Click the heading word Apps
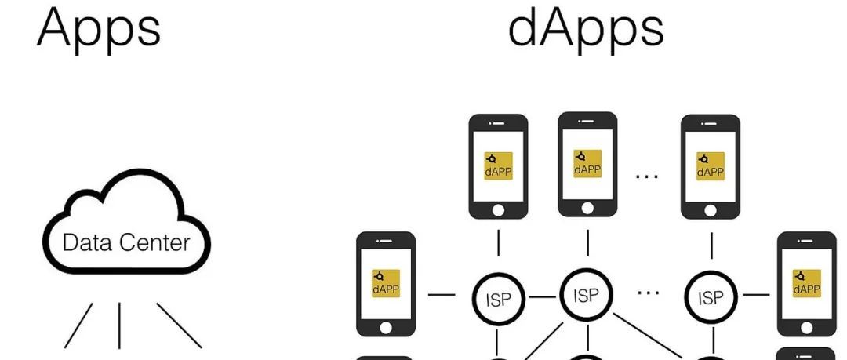(99, 27)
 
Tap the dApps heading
(586, 27)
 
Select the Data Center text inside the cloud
(125, 242)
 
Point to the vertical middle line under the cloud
(119, 325)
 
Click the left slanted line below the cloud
(78, 325)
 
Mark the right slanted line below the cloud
(179, 325)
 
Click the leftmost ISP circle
(497, 297)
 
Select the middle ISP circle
(586, 295)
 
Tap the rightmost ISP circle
(711, 297)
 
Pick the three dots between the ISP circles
(648, 292)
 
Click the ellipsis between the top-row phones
(647, 175)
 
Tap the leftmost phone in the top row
(498, 166)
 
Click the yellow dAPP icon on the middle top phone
(587, 163)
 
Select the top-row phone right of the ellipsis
(711, 166)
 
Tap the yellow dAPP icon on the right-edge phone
(806, 283)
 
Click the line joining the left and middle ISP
(541, 296)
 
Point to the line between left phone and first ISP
(442, 296)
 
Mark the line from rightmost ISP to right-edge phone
(755, 296)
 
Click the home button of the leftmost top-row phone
(498, 210)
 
